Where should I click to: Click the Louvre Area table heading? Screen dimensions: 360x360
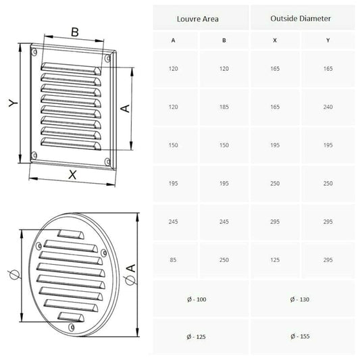[198, 19]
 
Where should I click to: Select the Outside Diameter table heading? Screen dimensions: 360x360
[301, 18]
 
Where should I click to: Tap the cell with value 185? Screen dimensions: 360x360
[224, 107]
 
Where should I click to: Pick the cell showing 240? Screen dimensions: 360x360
[328, 107]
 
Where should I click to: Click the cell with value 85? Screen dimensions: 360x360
[173, 260]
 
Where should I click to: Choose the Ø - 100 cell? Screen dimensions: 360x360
[197, 299]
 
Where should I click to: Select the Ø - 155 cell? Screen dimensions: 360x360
[300, 336]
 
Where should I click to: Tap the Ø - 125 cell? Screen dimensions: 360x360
[197, 337]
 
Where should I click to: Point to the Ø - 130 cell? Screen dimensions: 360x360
[300, 299]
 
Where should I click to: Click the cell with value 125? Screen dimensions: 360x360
[275, 260]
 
